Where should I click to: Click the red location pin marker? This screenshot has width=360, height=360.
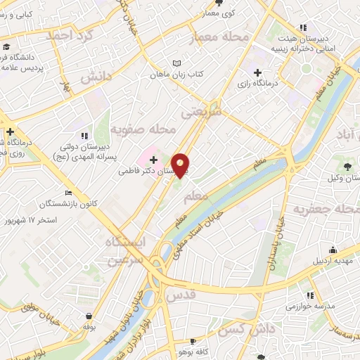click(181, 165)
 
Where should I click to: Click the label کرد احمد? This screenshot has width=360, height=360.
click(68, 35)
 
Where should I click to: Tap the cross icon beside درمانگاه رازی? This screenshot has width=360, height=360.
click(257, 72)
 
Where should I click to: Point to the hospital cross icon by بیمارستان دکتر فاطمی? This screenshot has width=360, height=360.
click(154, 160)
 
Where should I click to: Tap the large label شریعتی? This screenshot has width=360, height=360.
click(201, 111)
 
